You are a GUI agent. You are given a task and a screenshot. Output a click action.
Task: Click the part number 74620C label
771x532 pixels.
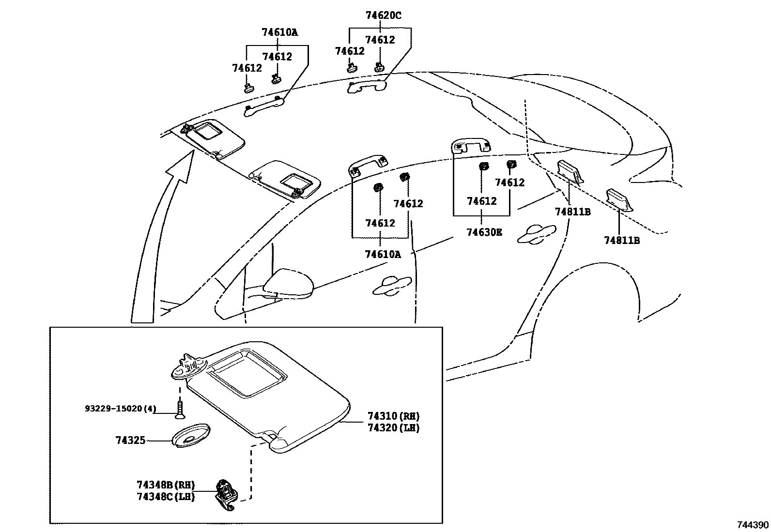pyautogui.click(x=383, y=15)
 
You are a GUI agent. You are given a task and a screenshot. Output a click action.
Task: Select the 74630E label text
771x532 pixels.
pyautogui.click(x=484, y=232)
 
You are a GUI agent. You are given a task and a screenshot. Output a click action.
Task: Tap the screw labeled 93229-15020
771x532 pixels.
pyautogui.click(x=180, y=408)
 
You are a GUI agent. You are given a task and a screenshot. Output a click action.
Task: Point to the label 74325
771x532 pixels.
pyautogui.click(x=130, y=441)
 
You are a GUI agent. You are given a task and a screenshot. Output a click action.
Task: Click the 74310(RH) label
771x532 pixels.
pyautogui.click(x=393, y=416)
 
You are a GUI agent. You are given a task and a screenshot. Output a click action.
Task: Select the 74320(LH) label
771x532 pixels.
pyautogui.click(x=393, y=428)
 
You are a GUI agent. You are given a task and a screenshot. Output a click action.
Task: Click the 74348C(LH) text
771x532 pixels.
pyautogui.click(x=165, y=497)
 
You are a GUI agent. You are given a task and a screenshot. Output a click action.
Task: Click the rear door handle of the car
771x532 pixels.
pyautogui.click(x=536, y=233)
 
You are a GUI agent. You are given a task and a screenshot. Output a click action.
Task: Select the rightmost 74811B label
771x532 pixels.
pyautogui.click(x=621, y=240)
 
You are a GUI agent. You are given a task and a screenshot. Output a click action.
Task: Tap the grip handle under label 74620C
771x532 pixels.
pyautogui.click(x=367, y=87)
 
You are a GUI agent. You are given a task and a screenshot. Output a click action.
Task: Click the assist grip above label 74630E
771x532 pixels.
pyautogui.click(x=470, y=146)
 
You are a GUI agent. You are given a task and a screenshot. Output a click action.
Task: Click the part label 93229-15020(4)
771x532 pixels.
pyautogui.click(x=121, y=409)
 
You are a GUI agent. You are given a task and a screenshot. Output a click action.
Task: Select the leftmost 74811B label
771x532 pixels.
pyautogui.click(x=572, y=212)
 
